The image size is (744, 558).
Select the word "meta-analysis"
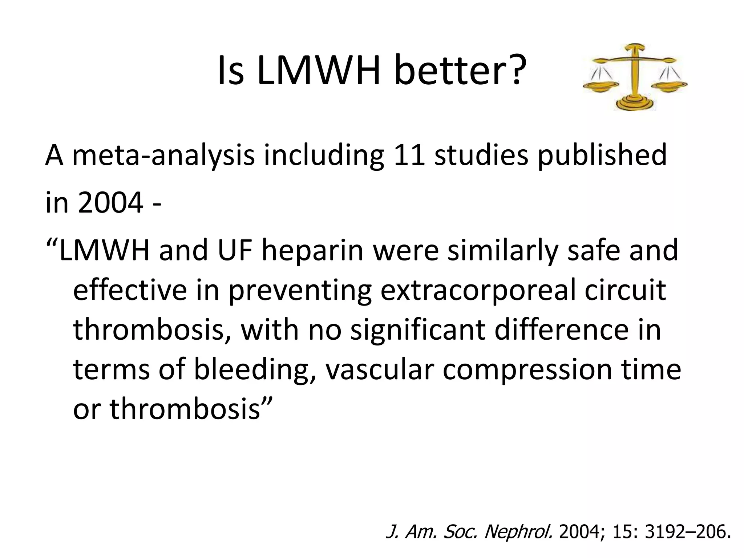pyautogui.click(x=163, y=155)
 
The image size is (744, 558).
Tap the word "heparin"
pyautogui.click(x=312, y=251)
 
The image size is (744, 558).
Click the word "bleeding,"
pyautogui.click(x=254, y=370)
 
